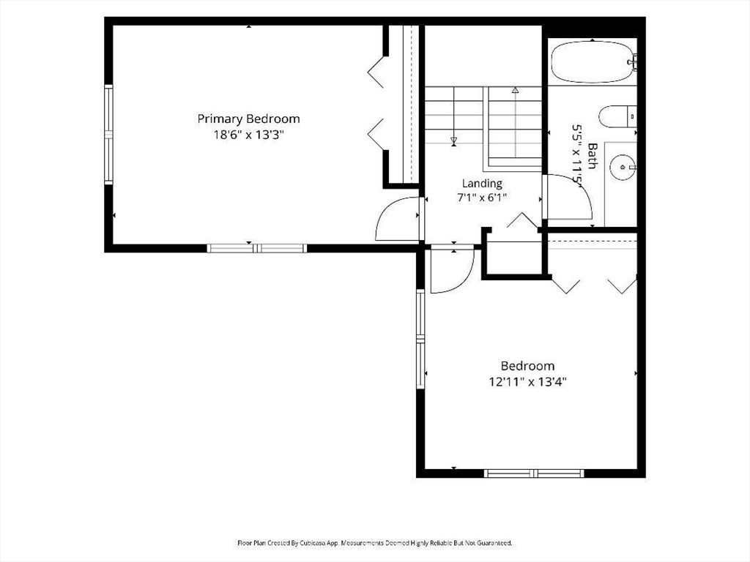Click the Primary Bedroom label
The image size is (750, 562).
(x=249, y=119)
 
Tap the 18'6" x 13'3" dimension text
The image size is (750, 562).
(x=249, y=135)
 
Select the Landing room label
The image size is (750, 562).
(x=482, y=183)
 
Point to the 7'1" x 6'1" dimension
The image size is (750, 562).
(x=482, y=197)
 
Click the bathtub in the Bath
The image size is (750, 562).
(x=593, y=61)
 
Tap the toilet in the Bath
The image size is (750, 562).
(x=617, y=116)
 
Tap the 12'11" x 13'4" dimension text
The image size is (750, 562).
(x=527, y=382)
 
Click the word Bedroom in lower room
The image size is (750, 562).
(x=527, y=366)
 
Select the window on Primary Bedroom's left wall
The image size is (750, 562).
(x=108, y=135)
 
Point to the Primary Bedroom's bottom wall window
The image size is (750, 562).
(x=257, y=248)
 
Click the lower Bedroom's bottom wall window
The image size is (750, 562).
(x=534, y=473)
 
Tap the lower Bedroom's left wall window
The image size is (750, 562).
(x=420, y=339)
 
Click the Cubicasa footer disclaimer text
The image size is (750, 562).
(x=375, y=543)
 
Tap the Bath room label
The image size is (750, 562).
(x=592, y=156)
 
